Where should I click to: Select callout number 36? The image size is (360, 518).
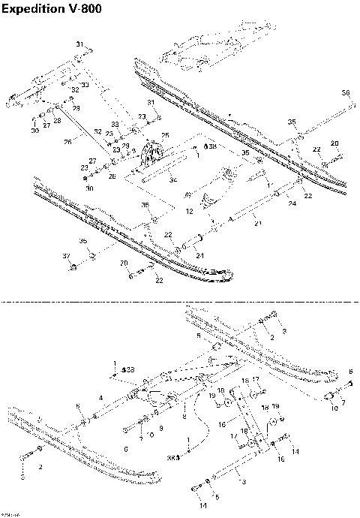point(346,92)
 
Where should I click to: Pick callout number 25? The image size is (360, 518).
point(165,135)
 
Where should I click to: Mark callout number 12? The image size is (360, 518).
point(190,212)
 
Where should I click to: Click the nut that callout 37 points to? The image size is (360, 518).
point(73,267)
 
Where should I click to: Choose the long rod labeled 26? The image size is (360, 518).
point(82,128)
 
